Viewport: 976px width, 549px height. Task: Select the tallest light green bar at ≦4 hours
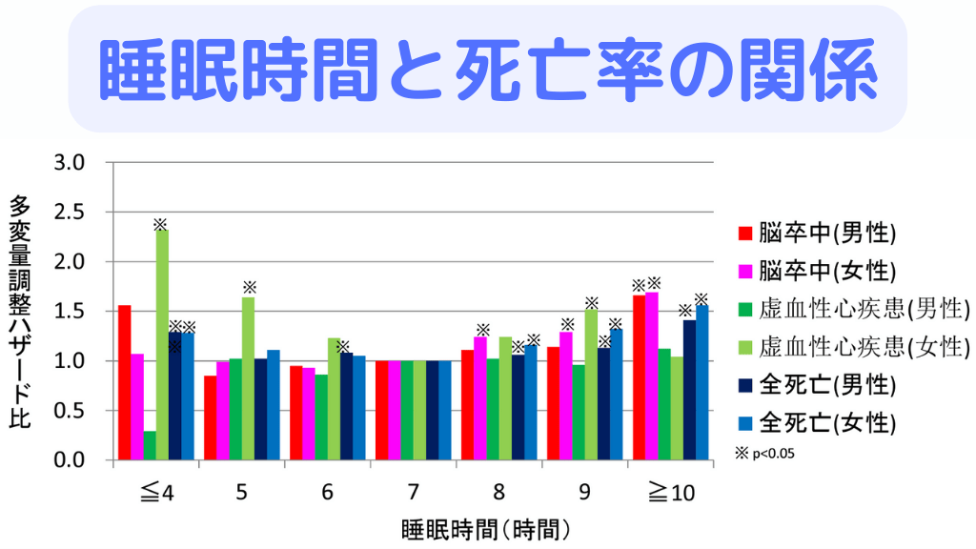pos(162,345)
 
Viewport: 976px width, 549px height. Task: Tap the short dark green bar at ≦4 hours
pos(150,446)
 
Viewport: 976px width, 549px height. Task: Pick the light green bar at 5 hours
pos(248,379)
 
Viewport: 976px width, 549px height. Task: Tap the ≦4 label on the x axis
pos(155,493)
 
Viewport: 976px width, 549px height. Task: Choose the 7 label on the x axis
pos(413,493)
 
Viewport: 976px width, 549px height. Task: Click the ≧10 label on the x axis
pos(671,493)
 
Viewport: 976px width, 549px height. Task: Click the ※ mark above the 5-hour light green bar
pos(249,287)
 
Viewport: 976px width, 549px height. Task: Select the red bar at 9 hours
pos(553,403)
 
